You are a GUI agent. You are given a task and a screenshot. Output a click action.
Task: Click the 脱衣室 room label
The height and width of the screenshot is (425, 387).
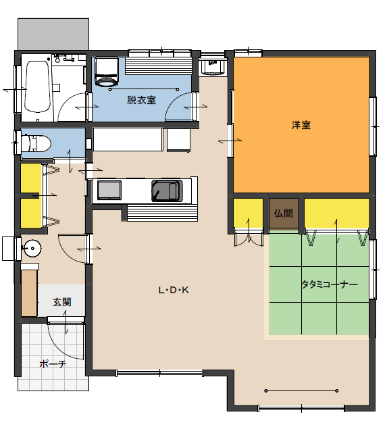[141, 100]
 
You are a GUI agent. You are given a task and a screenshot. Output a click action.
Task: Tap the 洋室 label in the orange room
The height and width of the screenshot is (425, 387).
[301, 125]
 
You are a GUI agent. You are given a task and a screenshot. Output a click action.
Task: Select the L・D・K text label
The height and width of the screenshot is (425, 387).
[174, 291]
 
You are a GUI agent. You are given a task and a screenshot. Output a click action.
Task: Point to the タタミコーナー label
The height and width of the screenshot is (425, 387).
[330, 284]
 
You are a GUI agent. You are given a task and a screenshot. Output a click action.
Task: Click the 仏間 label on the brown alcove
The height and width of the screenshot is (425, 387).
[284, 214]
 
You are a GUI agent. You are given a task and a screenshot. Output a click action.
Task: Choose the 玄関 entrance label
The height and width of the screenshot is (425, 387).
[62, 302]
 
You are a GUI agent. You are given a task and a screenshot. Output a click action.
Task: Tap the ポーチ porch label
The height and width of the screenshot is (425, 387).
[53, 364]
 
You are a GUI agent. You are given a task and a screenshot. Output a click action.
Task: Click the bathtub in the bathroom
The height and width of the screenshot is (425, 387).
[38, 86]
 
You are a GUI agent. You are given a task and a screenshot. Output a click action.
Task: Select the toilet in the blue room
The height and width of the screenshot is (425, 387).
[36, 143]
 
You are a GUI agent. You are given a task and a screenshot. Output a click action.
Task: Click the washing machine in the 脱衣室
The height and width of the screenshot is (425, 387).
[107, 72]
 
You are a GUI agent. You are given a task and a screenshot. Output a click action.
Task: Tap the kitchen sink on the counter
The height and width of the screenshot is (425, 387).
[166, 191]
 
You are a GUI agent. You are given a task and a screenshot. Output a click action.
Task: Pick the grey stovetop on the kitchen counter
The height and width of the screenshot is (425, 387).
[109, 190]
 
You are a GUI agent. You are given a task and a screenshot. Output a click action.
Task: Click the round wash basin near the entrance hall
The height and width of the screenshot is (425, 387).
[32, 248]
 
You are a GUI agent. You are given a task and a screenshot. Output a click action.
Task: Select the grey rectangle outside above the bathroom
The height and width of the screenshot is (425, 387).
[53, 34]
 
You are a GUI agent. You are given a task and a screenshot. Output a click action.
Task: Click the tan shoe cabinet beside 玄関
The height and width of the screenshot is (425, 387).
[29, 293]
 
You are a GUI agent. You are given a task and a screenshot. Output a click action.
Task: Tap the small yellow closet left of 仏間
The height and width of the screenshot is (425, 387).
[249, 214]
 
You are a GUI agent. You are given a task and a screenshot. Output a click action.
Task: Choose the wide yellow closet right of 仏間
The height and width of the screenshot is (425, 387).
[336, 214]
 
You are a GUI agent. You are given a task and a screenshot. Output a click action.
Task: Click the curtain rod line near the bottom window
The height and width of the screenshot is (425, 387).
[301, 391]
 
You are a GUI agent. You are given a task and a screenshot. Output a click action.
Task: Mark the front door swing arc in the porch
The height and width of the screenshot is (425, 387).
[61, 346]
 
